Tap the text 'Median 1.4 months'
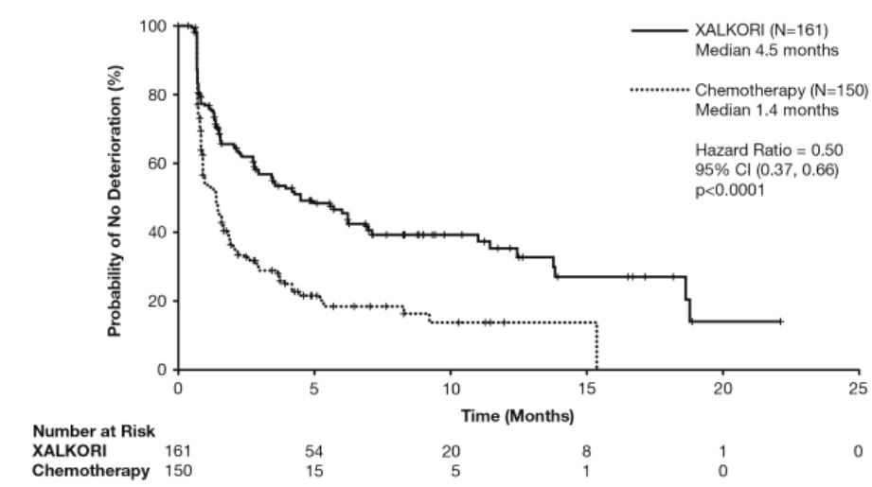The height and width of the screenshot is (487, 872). (767, 110)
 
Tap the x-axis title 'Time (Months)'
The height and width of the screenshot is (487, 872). (516, 415)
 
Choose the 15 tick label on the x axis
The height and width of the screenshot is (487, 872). (586, 389)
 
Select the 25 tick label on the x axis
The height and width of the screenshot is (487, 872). (859, 389)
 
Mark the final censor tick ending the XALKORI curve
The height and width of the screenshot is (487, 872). (779, 322)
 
